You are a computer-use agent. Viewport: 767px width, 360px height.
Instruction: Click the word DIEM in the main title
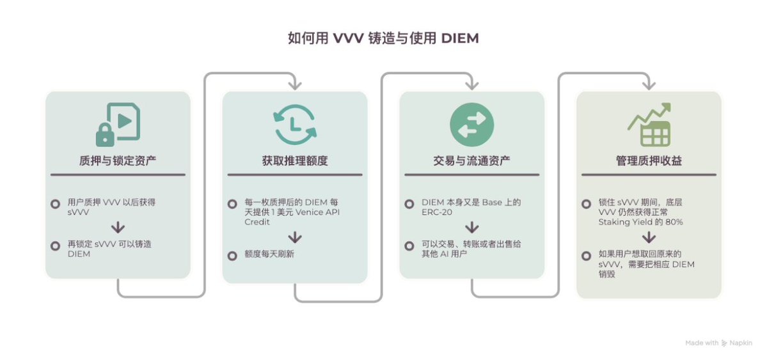(x=460, y=38)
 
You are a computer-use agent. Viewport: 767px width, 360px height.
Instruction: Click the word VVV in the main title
(x=348, y=38)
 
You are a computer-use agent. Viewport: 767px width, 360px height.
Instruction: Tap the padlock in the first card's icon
(x=105, y=134)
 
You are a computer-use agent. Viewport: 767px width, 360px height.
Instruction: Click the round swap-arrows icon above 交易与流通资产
(x=471, y=125)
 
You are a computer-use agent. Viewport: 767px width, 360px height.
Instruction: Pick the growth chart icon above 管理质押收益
(x=649, y=125)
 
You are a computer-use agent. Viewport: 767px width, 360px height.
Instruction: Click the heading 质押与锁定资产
(x=118, y=160)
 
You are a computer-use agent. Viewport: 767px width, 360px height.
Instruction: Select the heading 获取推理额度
(x=294, y=160)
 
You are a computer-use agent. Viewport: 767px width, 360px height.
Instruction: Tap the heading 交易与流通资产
(x=471, y=160)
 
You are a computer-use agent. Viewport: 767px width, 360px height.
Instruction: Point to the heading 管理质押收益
(x=649, y=160)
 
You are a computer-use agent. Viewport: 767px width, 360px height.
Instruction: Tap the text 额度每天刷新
(x=269, y=255)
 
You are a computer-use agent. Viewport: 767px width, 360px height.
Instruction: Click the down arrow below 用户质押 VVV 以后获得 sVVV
(x=118, y=228)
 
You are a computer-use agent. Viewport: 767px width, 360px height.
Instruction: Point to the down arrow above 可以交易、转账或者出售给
(x=471, y=228)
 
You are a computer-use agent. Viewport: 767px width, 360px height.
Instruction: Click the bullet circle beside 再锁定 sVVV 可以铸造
(x=55, y=246)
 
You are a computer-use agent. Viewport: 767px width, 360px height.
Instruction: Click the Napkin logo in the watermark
(x=724, y=343)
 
